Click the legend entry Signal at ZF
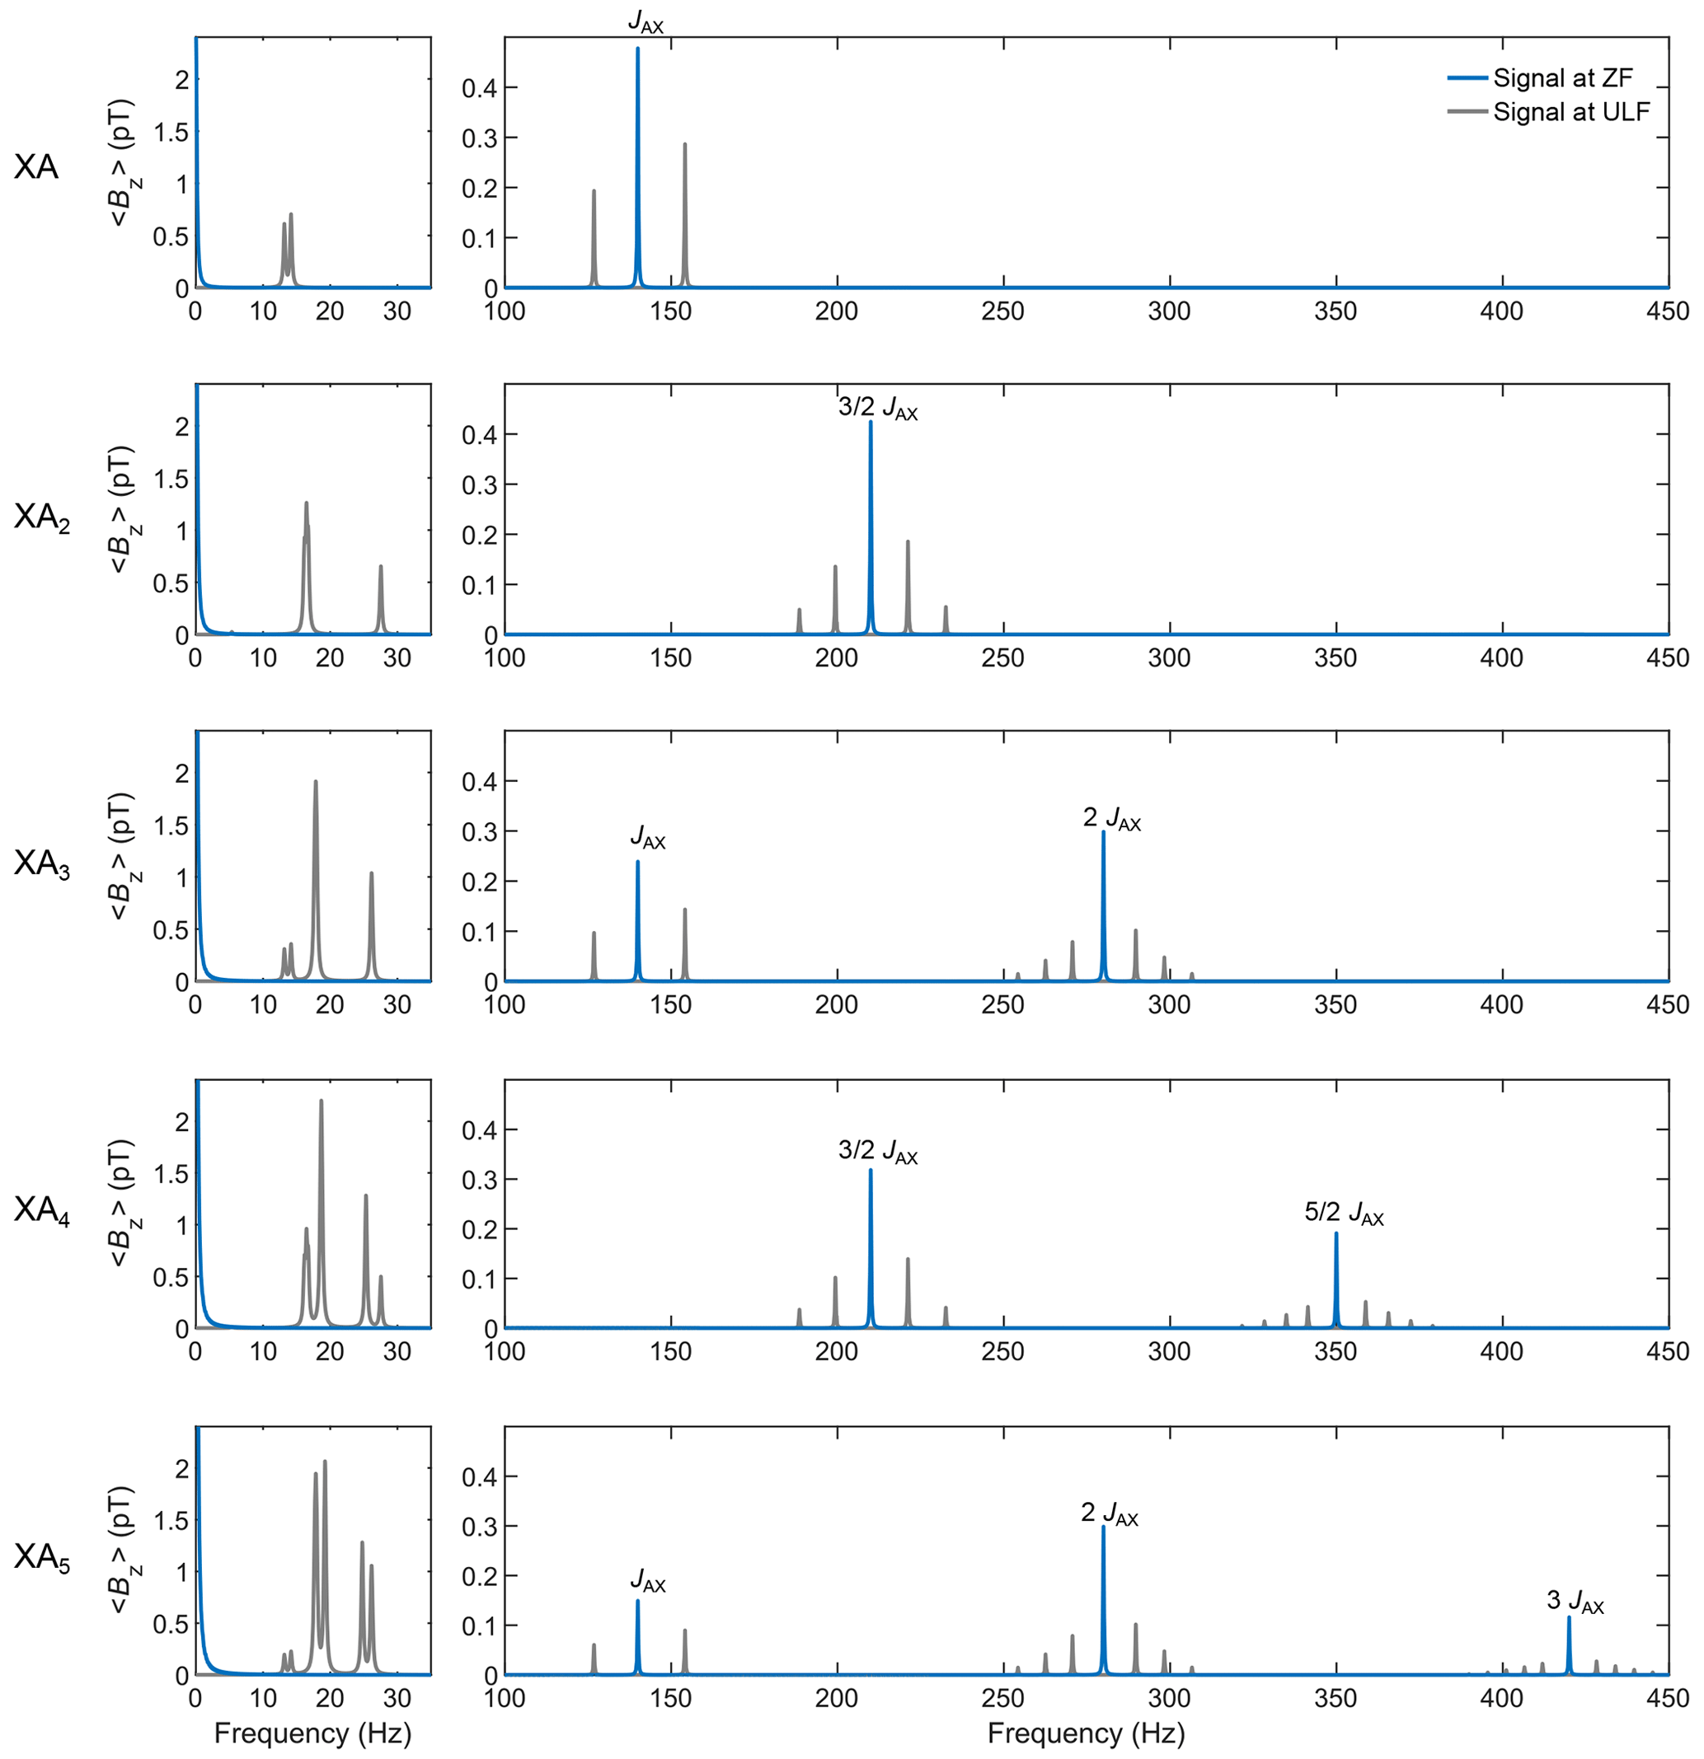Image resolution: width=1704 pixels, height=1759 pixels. pyautogui.click(x=1561, y=78)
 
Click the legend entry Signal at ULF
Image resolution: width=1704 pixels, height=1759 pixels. pyautogui.click(x=1570, y=112)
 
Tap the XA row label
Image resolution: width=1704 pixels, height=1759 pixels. pyautogui.click(x=36, y=167)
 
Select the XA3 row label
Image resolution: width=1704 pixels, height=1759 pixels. pyautogui.click(x=41, y=863)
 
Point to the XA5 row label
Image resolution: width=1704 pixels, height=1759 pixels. pyautogui.click(x=41, y=1557)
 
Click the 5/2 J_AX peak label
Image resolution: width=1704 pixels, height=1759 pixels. pyautogui.click(x=1343, y=1214)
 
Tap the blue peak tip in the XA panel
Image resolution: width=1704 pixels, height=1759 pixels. pyautogui.click(x=637, y=49)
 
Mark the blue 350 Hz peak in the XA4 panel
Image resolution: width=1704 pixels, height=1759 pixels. pyautogui.click(x=1336, y=1234)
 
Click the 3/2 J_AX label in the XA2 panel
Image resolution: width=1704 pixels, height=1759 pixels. pyautogui.click(x=877, y=408)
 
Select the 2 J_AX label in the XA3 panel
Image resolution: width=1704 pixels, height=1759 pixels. pyautogui.click(x=1111, y=818)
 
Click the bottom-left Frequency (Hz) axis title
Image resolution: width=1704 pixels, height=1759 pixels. pyautogui.click(x=312, y=1733)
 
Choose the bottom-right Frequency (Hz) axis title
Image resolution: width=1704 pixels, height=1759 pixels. pyautogui.click(x=1086, y=1733)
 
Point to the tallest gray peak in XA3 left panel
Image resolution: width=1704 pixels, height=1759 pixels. pyautogui.click(x=315, y=783)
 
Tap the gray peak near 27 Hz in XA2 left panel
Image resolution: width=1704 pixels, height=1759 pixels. pyautogui.click(x=381, y=567)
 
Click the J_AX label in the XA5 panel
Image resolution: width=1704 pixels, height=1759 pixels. pyautogui.click(x=647, y=1580)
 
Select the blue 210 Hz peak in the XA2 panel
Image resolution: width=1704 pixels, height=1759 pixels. pyautogui.click(x=870, y=423)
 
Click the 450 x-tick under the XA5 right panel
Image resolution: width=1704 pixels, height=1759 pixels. pyautogui.click(x=1667, y=1697)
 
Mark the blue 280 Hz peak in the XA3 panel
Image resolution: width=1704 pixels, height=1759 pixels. pyautogui.click(x=1103, y=833)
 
